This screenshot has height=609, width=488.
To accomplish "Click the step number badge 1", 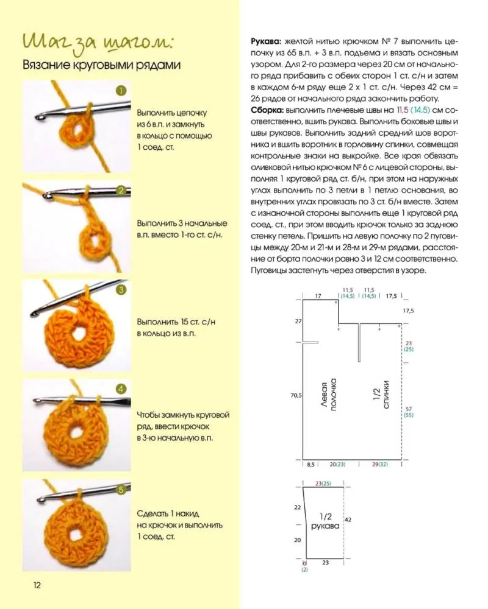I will coord(121,91).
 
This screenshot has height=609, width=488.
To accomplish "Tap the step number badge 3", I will coord(121,289).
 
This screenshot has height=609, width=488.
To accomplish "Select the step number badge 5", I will coord(121,489).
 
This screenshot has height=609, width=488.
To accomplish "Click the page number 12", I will coord(37,586).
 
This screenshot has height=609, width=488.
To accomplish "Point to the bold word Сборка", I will coord(266,110).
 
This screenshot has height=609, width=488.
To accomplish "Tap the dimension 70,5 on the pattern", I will coord(296,395).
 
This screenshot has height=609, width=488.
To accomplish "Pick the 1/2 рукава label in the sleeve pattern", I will coord(325,521).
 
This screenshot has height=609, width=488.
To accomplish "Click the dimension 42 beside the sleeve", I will coord(348,520).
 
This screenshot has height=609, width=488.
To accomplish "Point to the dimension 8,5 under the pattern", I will coord(310,464).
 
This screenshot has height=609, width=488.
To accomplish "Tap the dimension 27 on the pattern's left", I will coord(298,321).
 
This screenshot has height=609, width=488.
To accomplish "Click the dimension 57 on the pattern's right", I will coord(408,408).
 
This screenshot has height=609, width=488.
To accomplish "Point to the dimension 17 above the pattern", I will coord(318,296).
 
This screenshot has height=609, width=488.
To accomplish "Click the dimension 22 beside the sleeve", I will coord(297,507).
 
